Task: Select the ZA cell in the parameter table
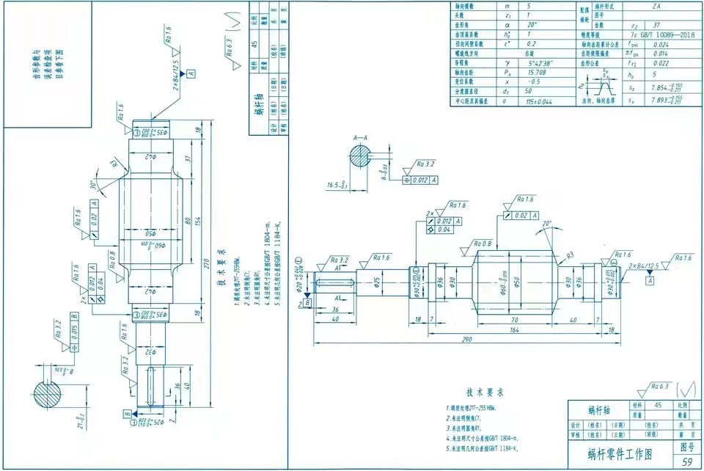pos(655,5)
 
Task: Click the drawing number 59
pos(687,462)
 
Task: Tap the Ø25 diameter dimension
pos(377,281)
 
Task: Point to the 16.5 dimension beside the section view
pos(334,186)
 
